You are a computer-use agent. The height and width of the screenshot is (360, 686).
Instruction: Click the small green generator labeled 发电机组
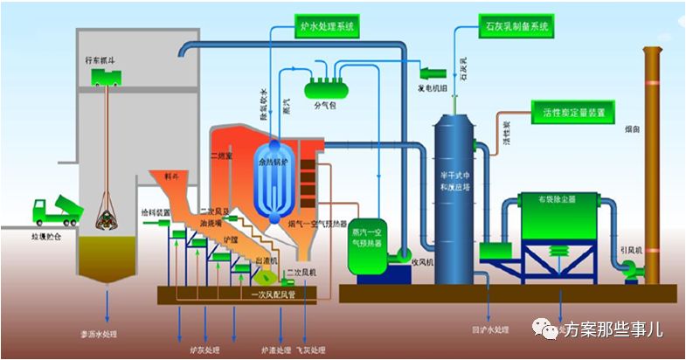coord(433,72)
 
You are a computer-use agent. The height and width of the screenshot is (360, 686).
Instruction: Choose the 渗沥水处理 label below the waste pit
coord(108,334)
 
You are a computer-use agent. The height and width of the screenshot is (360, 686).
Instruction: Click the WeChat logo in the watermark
coord(548,329)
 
